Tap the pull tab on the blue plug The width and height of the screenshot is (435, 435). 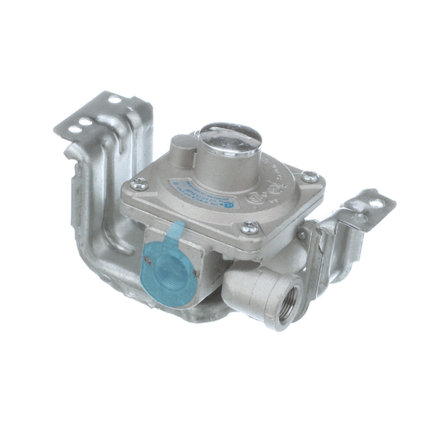(x=173, y=233)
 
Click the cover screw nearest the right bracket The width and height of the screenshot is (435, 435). (x=310, y=175)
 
